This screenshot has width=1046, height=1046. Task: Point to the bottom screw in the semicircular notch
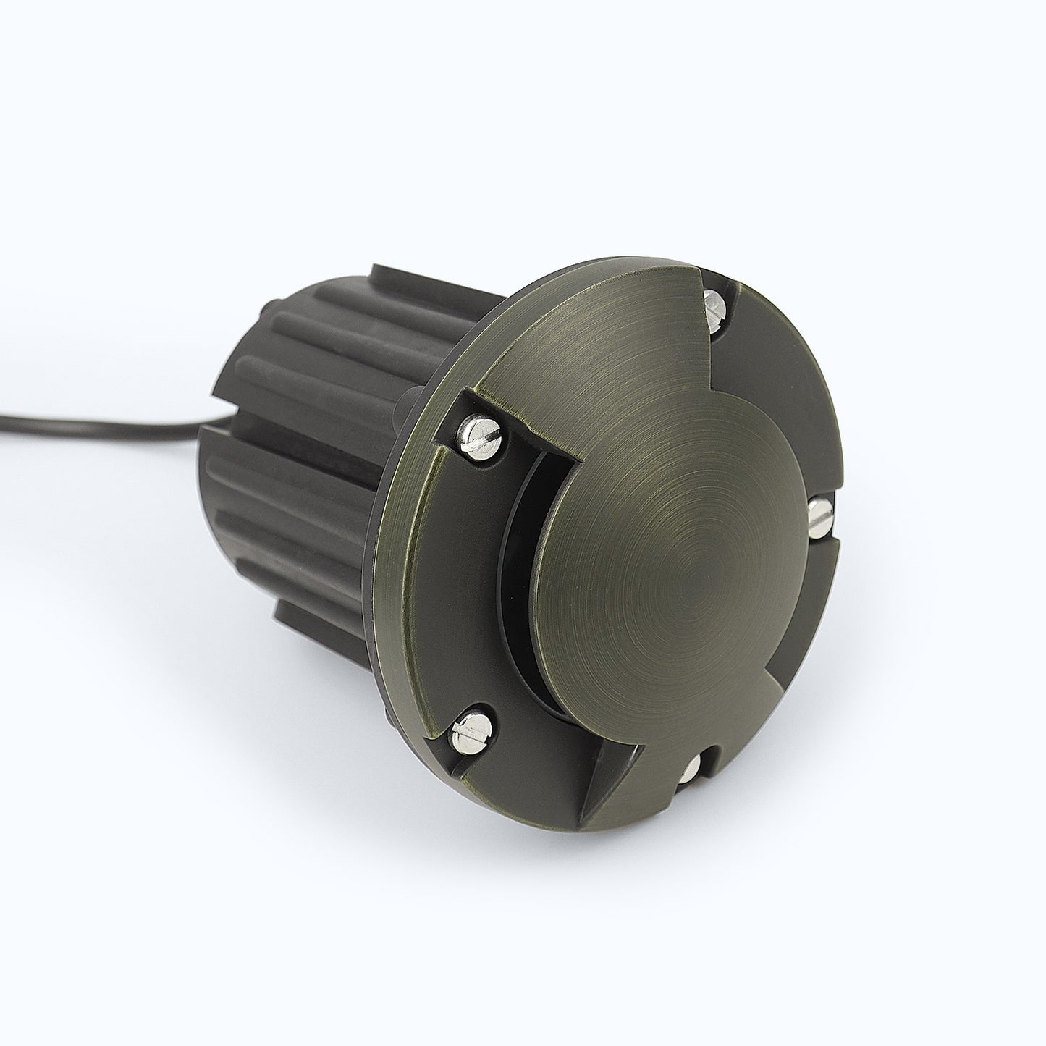(694, 767)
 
